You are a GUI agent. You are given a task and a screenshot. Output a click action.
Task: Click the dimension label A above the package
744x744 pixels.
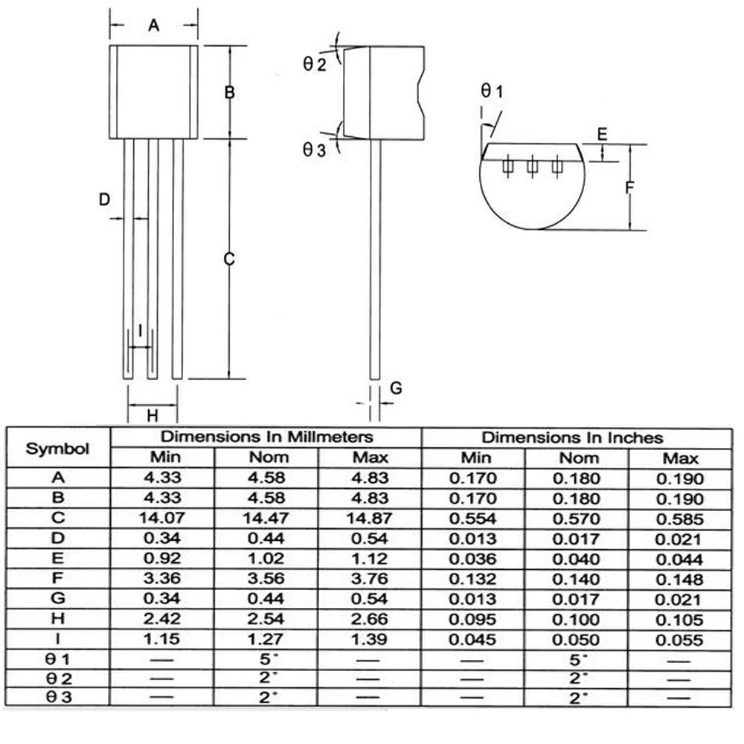point(153,25)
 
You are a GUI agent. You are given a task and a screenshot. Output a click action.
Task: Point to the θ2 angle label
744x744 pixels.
point(315,63)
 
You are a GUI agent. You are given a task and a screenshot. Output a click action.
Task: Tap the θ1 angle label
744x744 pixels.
point(492,90)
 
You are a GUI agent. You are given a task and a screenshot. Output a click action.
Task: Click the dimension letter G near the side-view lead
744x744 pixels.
point(396,388)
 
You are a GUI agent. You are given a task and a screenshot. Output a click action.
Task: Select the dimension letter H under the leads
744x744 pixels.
point(153,416)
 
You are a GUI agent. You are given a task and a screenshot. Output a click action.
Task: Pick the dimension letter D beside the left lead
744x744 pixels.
point(104,199)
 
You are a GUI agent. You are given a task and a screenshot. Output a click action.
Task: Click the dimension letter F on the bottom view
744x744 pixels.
point(629,187)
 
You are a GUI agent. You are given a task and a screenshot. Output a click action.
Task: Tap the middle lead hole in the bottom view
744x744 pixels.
point(532,166)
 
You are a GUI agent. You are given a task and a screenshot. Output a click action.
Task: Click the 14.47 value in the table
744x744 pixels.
point(266,518)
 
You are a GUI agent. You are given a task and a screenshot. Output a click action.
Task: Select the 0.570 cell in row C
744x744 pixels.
point(577,519)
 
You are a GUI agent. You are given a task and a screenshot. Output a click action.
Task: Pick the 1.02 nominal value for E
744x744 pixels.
point(266,559)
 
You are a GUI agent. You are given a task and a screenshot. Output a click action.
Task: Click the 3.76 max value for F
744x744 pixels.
point(370,578)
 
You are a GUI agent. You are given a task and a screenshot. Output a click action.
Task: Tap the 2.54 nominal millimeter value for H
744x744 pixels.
point(266,619)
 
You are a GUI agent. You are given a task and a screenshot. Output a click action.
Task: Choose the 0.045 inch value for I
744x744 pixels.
point(472,639)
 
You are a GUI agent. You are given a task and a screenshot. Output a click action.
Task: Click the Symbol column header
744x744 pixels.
point(57,449)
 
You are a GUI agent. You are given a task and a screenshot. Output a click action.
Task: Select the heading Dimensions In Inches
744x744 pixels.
point(572,437)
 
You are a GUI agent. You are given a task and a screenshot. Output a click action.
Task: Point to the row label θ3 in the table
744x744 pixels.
point(59,696)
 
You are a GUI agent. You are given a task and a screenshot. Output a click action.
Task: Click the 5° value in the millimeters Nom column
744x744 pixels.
point(266,659)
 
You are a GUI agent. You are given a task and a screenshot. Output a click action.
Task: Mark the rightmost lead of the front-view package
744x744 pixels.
point(178,259)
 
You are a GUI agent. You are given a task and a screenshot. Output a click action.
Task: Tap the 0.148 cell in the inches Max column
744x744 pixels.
point(679,580)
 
